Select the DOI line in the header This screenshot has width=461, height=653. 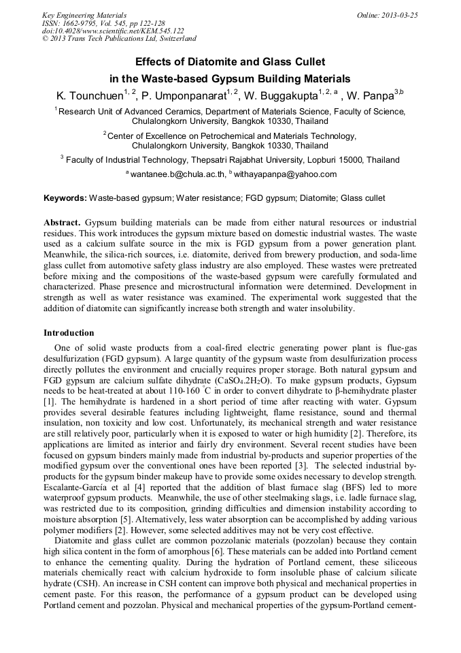coord(113,31)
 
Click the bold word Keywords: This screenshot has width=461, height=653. coord(65,198)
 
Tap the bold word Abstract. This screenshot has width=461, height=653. coord(63,223)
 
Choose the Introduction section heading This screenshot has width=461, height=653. coord(69,333)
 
